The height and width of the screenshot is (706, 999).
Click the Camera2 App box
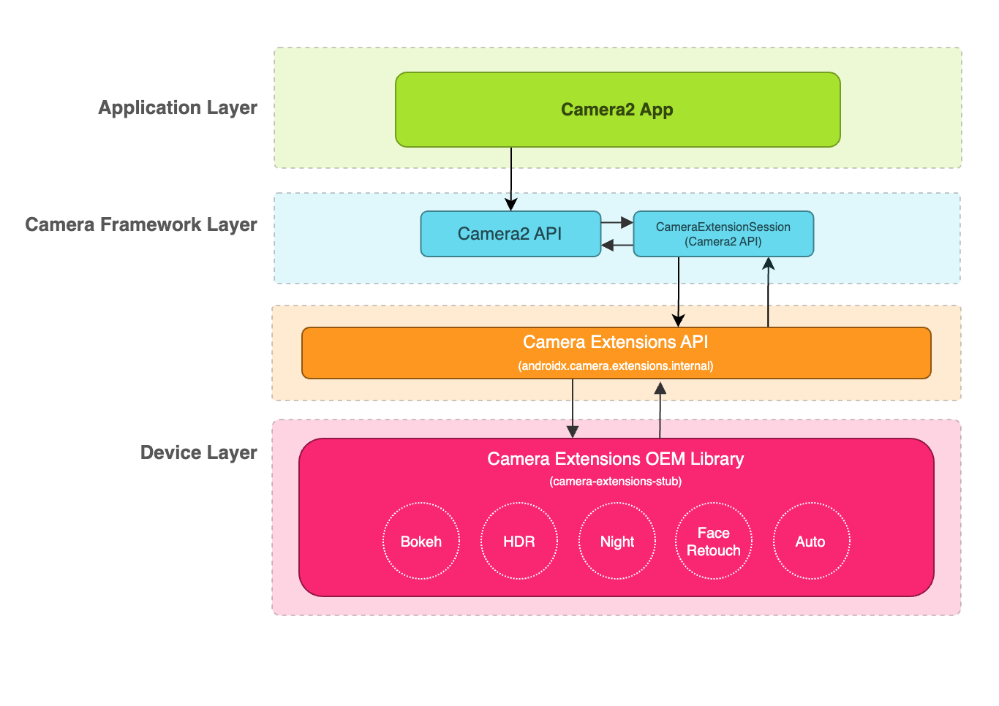(617, 110)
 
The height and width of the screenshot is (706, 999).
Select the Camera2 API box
(510, 234)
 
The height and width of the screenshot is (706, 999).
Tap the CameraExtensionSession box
(723, 234)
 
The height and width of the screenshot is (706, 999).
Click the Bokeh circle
(421, 542)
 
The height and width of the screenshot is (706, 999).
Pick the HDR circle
(519, 542)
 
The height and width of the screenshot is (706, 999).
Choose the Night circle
(617, 542)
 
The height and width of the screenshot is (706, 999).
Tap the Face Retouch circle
(714, 542)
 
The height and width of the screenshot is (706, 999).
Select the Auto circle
(811, 542)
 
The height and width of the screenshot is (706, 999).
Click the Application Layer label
(178, 107)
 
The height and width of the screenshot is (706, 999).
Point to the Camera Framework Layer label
(141, 224)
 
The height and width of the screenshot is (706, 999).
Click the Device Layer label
(198, 452)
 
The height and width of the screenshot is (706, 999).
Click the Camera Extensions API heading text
(616, 342)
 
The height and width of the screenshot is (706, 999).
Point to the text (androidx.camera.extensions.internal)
(616, 365)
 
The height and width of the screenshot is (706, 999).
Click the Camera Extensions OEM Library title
(616, 459)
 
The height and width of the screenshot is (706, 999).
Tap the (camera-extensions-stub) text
(616, 482)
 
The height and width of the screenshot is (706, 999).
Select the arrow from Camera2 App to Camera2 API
(511, 179)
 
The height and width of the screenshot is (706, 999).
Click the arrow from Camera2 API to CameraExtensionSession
(617, 221)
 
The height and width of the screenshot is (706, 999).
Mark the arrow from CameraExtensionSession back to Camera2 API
(617, 245)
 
